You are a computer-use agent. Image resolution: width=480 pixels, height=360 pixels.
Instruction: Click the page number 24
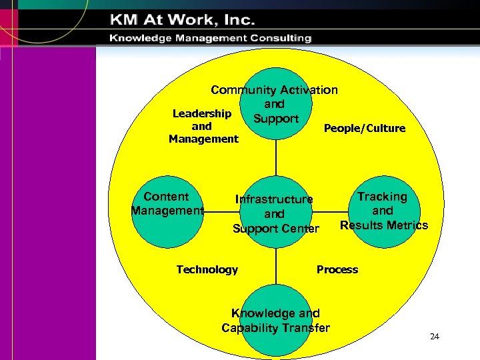[435, 336]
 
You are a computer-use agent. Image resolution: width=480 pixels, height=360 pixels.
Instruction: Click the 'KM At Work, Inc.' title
[183, 19]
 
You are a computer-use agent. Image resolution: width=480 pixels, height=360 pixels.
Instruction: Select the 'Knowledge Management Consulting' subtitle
[211, 38]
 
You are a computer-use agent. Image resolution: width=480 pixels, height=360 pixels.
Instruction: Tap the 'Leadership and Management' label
[203, 127]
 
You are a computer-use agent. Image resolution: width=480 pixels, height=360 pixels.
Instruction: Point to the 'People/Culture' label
[364, 128]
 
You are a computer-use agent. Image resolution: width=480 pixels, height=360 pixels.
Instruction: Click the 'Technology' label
[207, 269]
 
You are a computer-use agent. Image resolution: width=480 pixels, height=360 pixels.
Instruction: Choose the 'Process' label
[337, 269]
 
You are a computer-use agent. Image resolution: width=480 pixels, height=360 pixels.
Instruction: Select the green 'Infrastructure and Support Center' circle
[275, 213]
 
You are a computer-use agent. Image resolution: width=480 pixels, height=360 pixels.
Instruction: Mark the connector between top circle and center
[275, 160]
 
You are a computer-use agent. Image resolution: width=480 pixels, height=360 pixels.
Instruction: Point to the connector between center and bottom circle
[275, 267]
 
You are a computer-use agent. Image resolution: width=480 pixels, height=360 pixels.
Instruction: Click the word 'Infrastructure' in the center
[274, 199]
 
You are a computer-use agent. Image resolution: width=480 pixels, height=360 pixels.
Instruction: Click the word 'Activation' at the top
[309, 89]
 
